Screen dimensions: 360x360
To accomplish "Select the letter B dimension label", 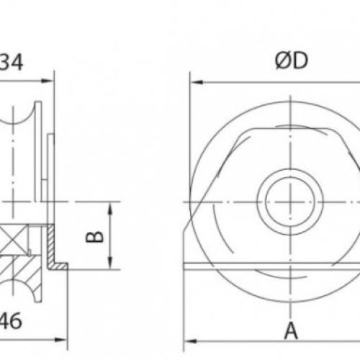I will tap(95, 235).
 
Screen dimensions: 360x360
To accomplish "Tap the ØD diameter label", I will tap(290, 61).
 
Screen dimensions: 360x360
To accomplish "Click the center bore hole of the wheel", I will tap(289, 196).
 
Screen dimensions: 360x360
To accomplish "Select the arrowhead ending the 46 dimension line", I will tap(64, 337).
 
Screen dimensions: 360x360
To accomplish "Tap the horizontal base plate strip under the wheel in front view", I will tap(274, 268).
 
